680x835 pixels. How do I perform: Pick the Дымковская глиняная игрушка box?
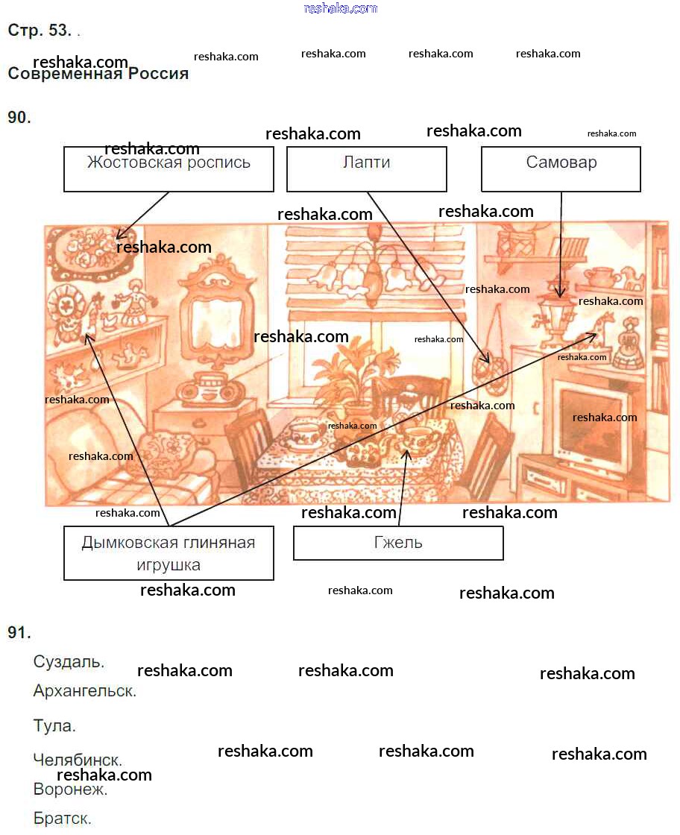169,552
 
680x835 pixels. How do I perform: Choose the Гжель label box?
398,543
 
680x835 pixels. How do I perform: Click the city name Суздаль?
69,661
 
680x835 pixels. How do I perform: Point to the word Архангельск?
85,691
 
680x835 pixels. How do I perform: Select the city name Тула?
54,725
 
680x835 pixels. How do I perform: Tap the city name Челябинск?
78,760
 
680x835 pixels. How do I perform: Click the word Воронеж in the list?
71,789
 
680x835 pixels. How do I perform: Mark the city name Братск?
63,818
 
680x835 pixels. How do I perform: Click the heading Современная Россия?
98,74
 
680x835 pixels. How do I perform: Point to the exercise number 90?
19,117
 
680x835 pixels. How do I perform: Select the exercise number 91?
19,632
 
